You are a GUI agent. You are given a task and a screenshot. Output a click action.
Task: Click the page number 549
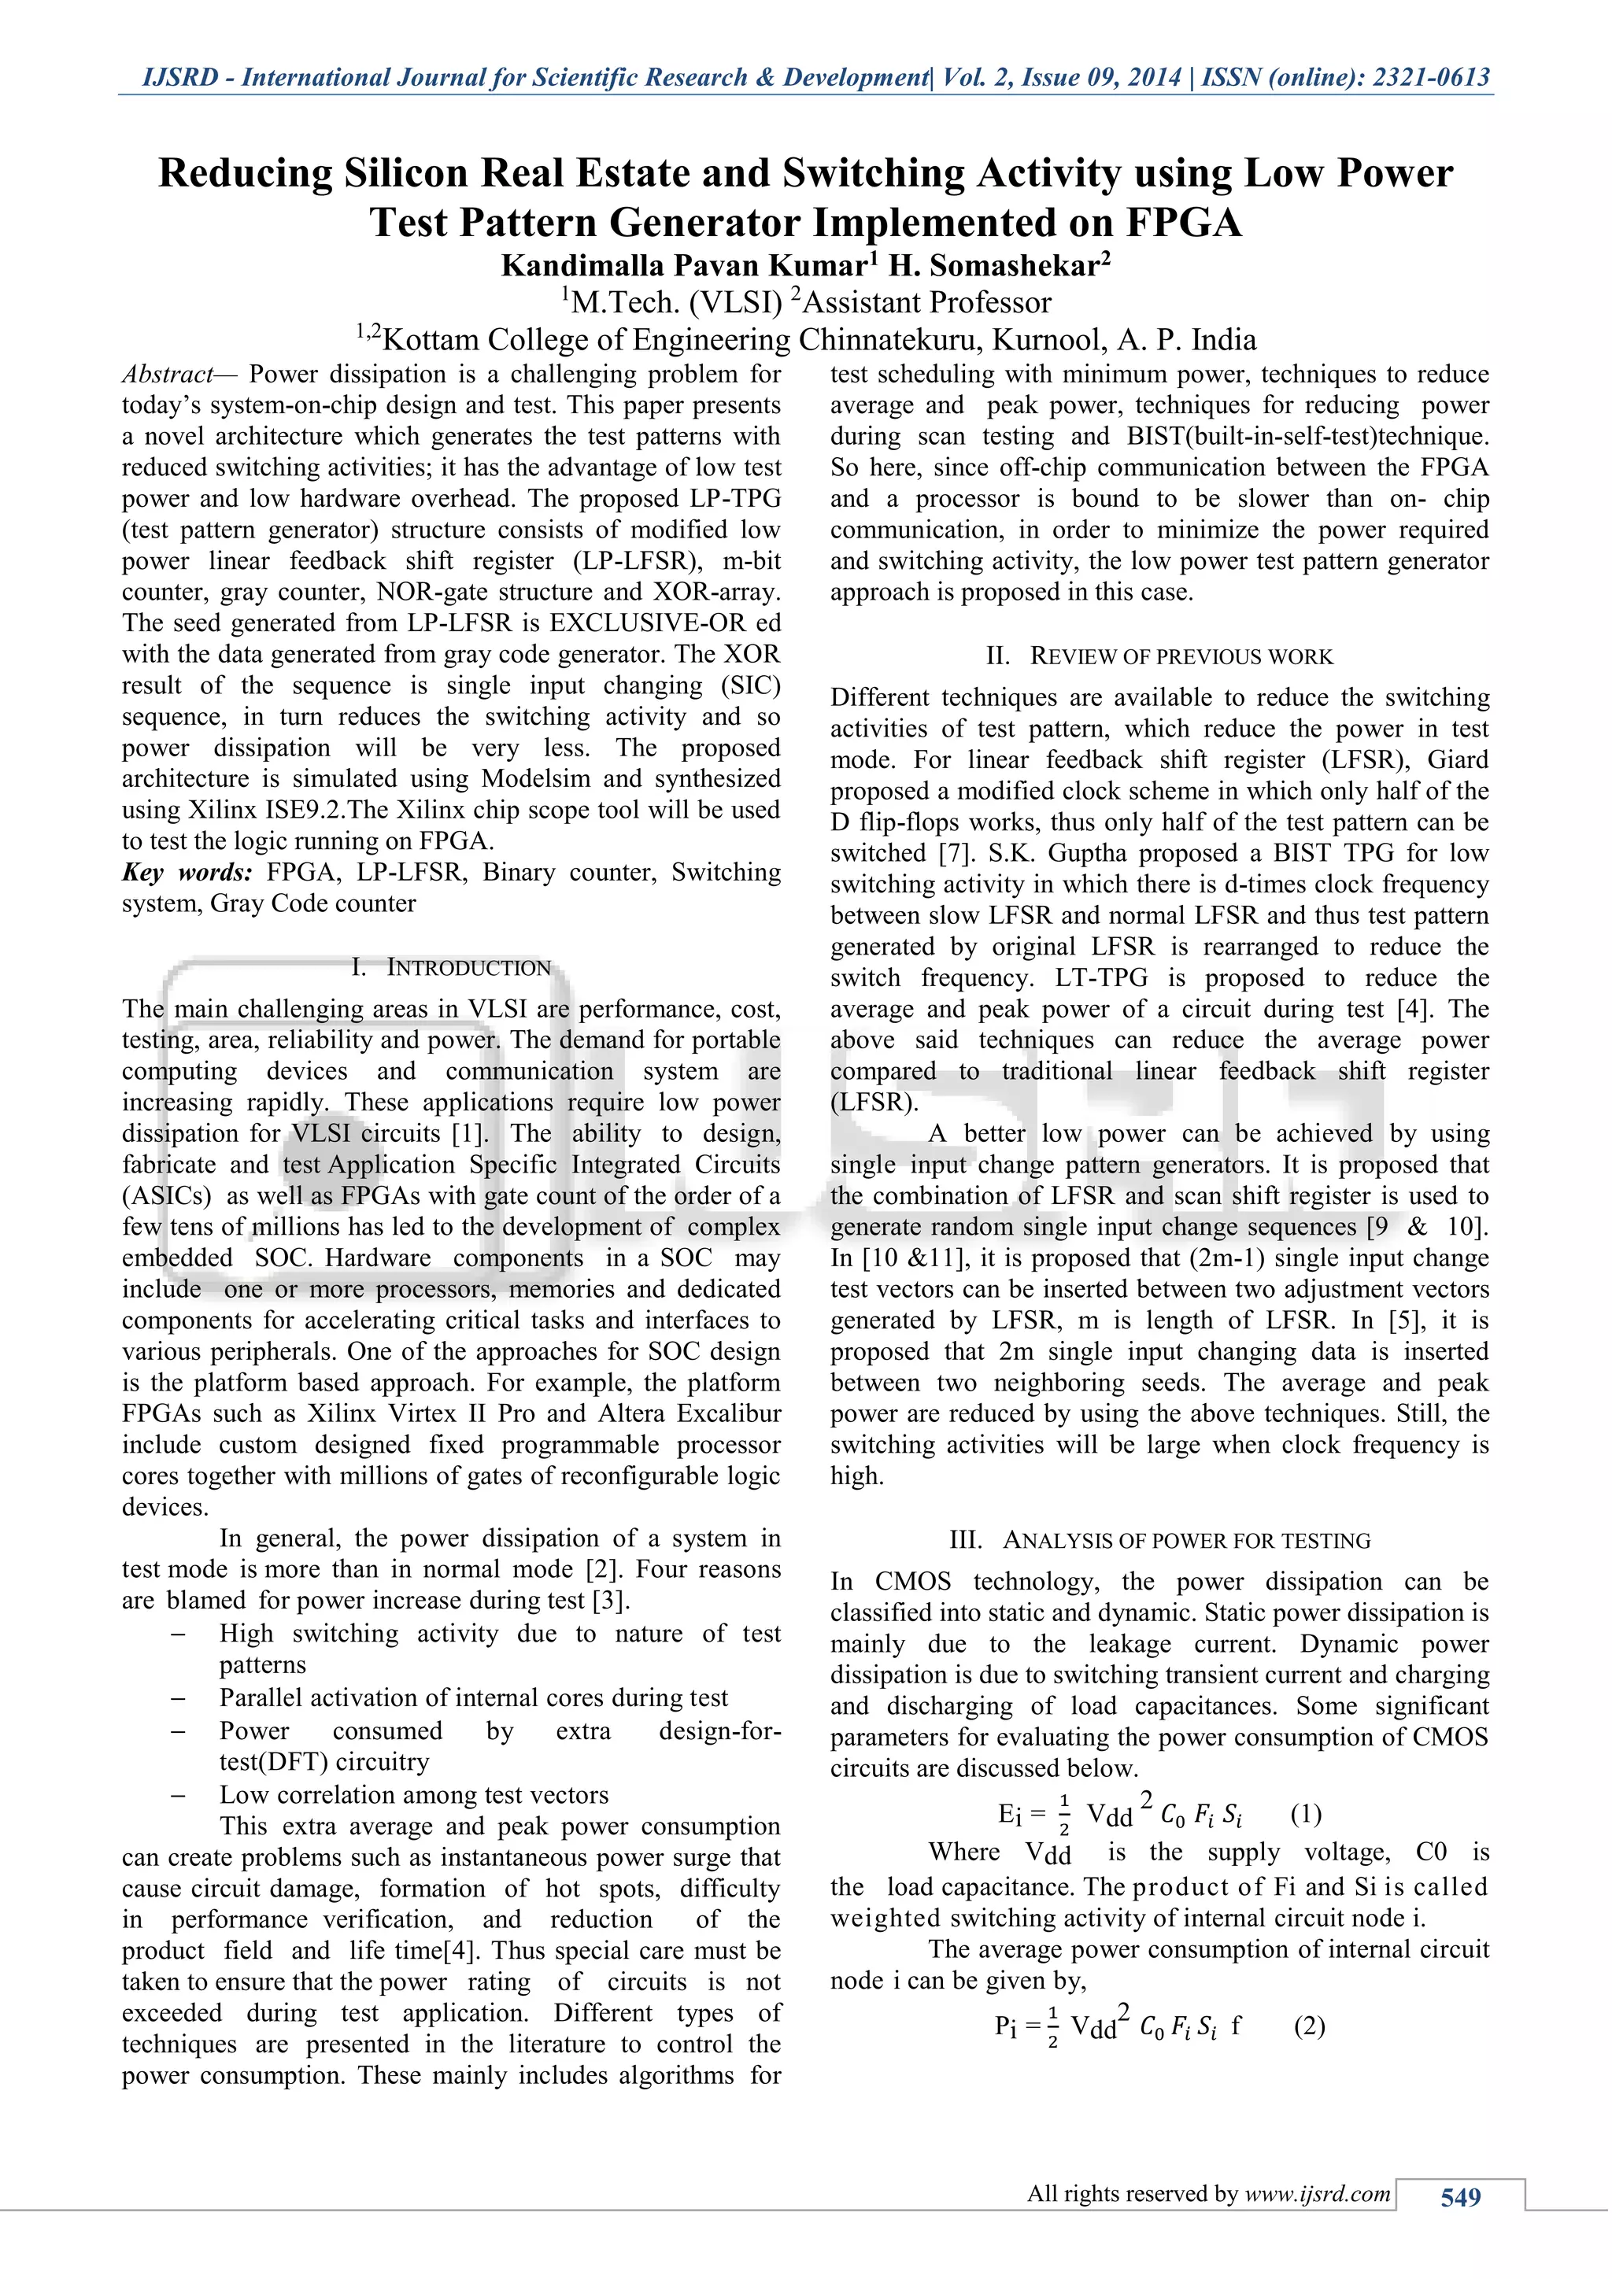(x=1460, y=2198)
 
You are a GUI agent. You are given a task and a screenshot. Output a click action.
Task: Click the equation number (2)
(x=1309, y=2026)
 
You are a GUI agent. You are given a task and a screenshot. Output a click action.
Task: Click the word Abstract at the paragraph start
(x=167, y=375)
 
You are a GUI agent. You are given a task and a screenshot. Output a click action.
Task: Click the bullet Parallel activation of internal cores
(x=474, y=1698)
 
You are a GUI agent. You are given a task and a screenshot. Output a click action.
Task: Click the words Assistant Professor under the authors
(x=927, y=303)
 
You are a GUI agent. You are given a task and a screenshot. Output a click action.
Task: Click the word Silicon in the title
(x=407, y=174)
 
